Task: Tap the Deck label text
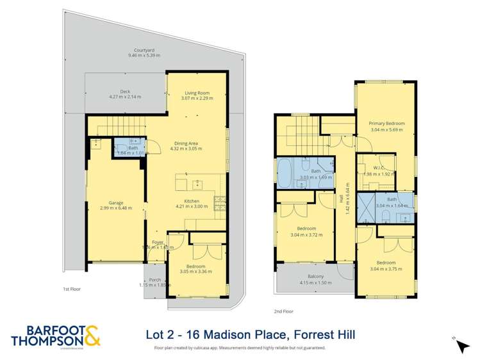(116, 92)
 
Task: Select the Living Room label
(197, 94)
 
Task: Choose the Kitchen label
(192, 202)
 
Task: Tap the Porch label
(154, 280)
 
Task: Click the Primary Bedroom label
(385, 122)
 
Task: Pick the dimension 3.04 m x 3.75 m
(385, 269)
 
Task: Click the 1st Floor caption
(72, 289)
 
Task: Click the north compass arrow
(462, 346)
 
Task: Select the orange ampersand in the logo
(90, 335)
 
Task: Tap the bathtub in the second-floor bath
(284, 173)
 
